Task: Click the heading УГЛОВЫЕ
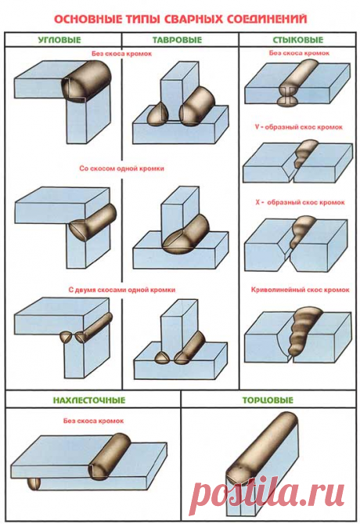[59, 40]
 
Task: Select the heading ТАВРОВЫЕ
[178, 40]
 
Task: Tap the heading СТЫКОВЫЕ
[298, 40]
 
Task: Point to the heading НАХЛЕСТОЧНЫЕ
[89, 400]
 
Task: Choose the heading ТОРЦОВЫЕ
[268, 400]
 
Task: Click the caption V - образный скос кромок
[298, 127]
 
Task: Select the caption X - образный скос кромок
[300, 202]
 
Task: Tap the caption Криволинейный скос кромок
[300, 290]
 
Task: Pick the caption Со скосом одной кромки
[121, 168]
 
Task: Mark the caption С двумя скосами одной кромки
[122, 290]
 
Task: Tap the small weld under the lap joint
[34, 484]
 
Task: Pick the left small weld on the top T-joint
[156, 114]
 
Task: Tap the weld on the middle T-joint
[185, 235]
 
